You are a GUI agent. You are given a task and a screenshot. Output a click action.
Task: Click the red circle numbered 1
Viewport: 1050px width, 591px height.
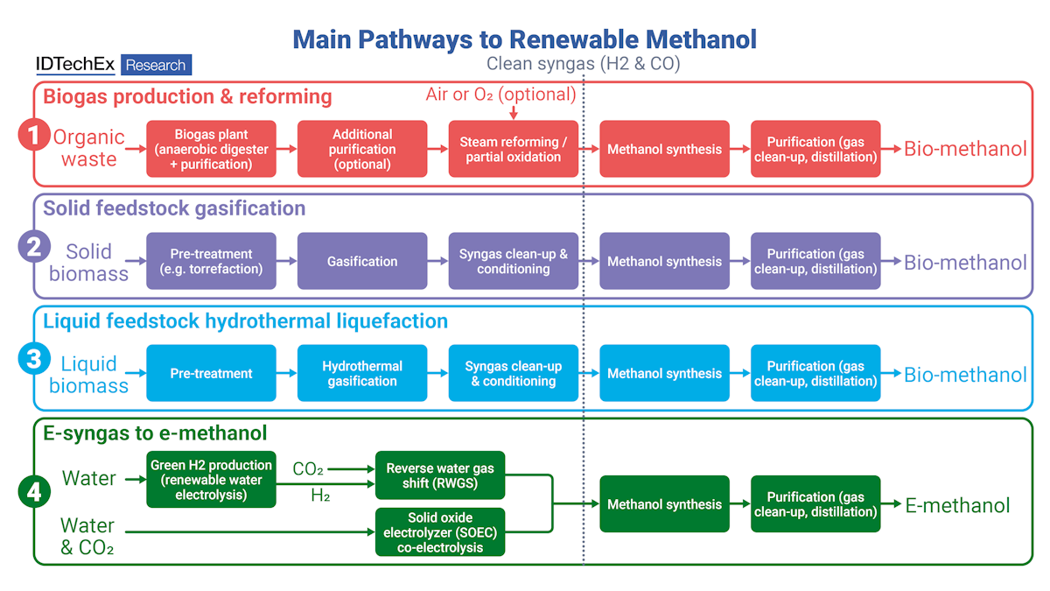click(33, 136)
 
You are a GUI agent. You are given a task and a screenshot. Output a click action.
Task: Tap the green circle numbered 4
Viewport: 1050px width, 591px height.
click(33, 492)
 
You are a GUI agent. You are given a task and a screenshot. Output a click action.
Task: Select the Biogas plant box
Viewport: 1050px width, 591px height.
click(211, 149)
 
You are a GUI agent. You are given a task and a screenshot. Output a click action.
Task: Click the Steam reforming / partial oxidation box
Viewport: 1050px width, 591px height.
click(514, 149)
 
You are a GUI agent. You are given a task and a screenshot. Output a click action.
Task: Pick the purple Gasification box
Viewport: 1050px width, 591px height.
click(362, 261)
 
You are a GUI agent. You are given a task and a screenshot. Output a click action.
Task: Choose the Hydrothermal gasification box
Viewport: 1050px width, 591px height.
click(362, 373)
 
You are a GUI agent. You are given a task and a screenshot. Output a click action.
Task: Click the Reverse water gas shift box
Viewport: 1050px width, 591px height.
click(440, 476)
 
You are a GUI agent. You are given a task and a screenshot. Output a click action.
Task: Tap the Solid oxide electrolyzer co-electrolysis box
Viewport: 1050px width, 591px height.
click(440, 531)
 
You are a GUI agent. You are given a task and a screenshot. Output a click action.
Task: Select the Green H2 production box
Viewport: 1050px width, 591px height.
click(211, 479)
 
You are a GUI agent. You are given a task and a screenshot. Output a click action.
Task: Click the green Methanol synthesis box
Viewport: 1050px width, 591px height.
click(664, 504)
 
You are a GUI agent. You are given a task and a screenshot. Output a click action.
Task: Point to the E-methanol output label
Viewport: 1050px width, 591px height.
click(957, 505)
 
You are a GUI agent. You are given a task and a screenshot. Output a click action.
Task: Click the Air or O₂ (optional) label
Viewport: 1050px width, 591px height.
click(500, 95)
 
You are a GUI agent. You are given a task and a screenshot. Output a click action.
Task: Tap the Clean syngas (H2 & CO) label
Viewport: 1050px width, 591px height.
click(583, 64)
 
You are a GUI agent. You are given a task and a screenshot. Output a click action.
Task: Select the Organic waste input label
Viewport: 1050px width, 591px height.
click(88, 148)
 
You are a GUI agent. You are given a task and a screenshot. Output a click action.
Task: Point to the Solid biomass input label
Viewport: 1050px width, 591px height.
click(88, 262)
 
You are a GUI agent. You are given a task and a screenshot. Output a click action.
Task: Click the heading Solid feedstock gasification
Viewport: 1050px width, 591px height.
click(174, 208)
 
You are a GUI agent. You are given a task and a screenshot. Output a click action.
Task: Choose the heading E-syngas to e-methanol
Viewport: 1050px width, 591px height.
click(155, 433)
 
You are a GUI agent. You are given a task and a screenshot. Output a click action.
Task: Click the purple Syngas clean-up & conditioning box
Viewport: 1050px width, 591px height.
click(514, 261)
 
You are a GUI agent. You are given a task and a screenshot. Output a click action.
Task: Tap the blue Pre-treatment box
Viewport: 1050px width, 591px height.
click(211, 373)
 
